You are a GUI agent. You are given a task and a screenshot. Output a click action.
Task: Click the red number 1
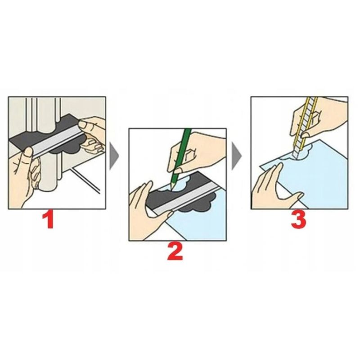pyautogui.click(x=49, y=220)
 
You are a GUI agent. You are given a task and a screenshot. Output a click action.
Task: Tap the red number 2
pyautogui.click(x=175, y=252)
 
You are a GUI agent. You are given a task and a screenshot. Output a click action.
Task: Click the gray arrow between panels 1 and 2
pyautogui.click(x=114, y=156)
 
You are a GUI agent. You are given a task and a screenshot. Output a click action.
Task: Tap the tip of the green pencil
pyautogui.click(x=170, y=189)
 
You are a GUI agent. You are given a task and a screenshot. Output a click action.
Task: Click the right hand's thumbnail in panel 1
pyautogui.click(x=83, y=125)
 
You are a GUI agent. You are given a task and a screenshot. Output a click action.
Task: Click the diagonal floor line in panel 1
pyautogui.click(x=85, y=180)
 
